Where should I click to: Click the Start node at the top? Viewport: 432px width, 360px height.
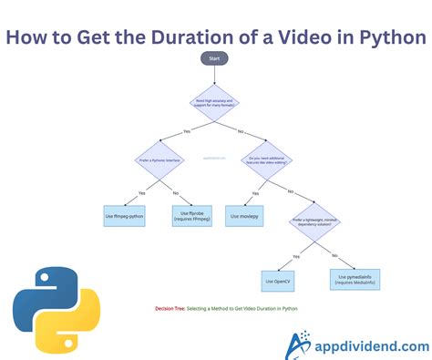215,58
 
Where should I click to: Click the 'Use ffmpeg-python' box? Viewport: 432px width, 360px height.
124,216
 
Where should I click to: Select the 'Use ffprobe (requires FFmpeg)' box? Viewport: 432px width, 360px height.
192,215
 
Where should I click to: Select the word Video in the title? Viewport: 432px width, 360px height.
301,37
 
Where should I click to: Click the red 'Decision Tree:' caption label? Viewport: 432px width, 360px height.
170,309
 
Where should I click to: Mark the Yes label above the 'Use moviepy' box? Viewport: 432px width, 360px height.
254,194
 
